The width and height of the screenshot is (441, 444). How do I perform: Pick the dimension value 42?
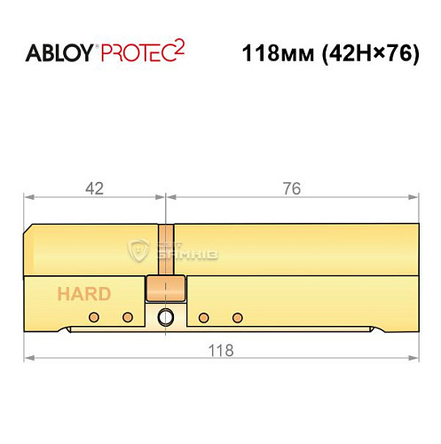point(95,188)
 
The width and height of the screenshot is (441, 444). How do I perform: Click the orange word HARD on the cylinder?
point(84,294)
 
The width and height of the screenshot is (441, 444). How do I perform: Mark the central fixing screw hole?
point(165,317)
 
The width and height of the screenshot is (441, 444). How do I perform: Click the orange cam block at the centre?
point(165,288)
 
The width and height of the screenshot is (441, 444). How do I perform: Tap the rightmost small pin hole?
point(237,317)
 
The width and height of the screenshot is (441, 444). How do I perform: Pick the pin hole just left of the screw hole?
point(128,317)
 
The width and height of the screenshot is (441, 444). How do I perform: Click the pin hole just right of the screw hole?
point(203,317)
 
